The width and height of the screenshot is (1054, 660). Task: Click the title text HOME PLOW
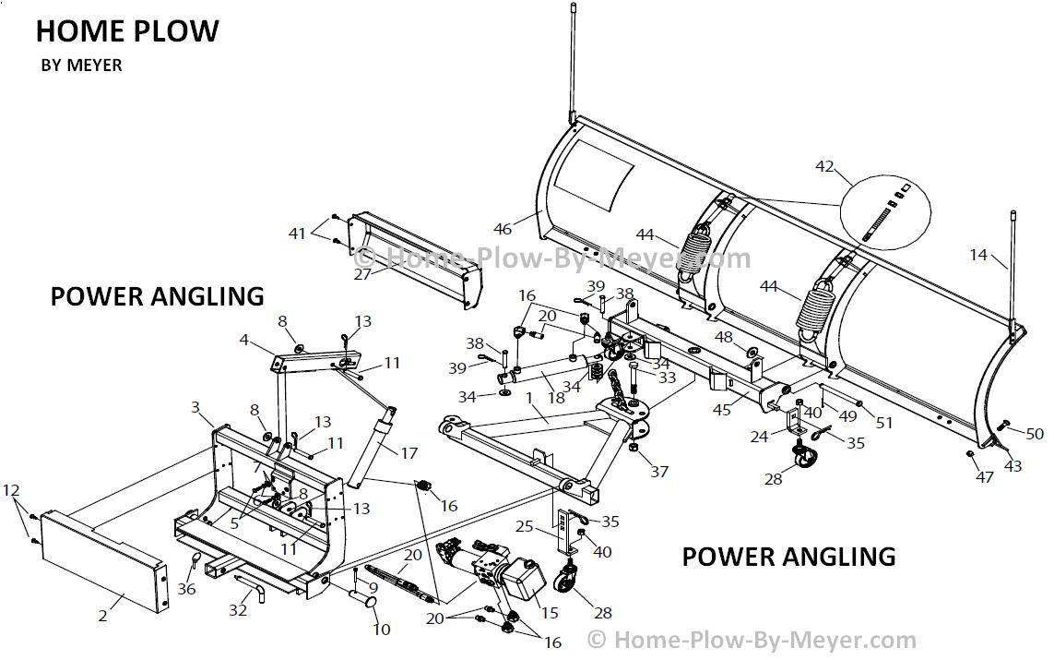pos(127,31)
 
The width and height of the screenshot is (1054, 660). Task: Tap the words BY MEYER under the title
pos(82,66)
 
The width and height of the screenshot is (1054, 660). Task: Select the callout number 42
pos(824,167)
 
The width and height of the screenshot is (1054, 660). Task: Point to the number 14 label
pos(978,254)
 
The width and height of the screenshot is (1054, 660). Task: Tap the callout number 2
pos(103,616)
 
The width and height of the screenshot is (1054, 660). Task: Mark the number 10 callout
pos(382,630)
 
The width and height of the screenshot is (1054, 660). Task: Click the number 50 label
pos(1035,434)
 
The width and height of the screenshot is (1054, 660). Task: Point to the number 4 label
pos(244,340)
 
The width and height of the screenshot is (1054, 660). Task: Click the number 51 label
pos(885,423)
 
